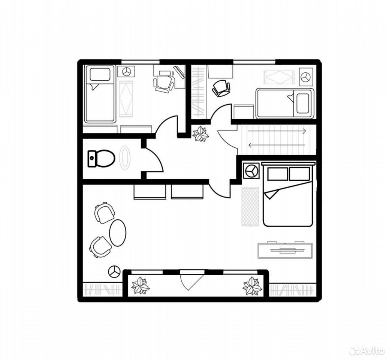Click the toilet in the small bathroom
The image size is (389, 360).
[x=102, y=158]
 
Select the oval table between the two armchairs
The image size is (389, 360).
[x=118, y=232]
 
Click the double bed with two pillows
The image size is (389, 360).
[x=288, y=194]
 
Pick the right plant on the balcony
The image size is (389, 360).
[x=252, y=286]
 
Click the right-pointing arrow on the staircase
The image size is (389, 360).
[x=277, y=131]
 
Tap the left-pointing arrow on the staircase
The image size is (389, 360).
[x=277, y=145]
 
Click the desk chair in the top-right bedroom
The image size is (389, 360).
[x=221, y=88]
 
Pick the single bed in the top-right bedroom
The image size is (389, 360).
[x=285, y=103]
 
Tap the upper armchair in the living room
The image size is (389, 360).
[x=104, y=213]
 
